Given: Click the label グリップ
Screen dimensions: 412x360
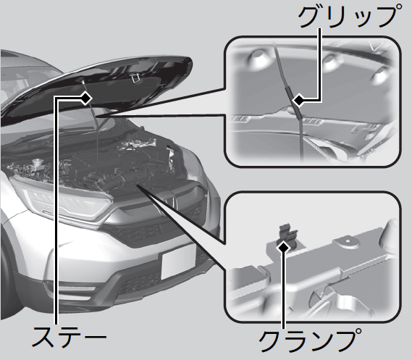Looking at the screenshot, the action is coord(350,16).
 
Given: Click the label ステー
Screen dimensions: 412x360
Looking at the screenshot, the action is coord(69,337).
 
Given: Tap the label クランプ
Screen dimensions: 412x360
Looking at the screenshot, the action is coord(310,340).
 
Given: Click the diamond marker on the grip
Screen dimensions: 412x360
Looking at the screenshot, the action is coord(299,100).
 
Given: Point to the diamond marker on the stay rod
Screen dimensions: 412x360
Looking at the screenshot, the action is coord(85,99).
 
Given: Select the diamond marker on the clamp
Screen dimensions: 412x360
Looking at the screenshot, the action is coord(283,248).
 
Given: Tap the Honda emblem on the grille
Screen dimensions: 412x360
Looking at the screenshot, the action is coord(172,203).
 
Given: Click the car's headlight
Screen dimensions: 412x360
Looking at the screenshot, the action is coord(63,198).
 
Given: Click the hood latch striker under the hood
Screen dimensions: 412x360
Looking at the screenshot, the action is coord(134,78).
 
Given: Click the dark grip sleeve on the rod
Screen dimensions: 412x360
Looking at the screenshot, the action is coord(293,102).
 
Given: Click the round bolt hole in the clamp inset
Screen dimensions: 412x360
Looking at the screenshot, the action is coord(348,240).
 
